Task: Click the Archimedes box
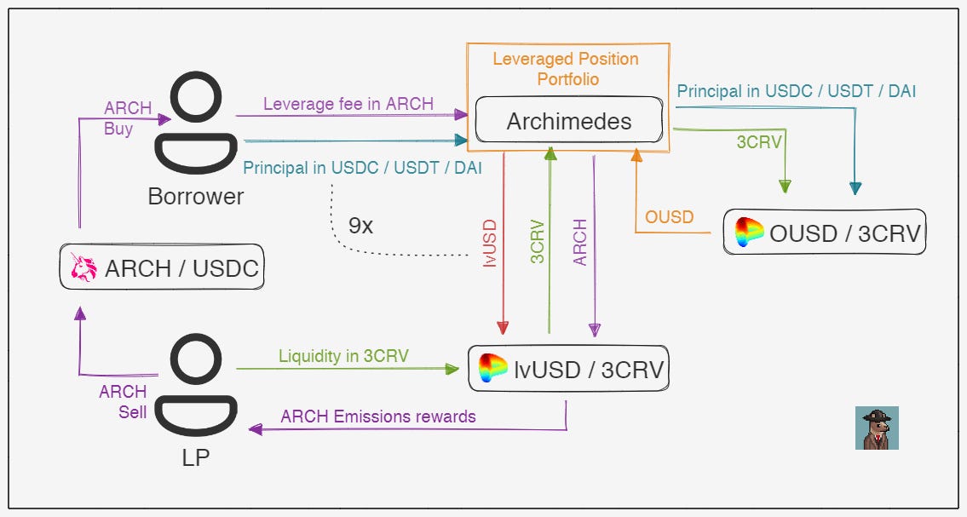tap(568, 121)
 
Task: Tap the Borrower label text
tap(195, 197)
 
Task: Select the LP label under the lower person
tap(195, 457)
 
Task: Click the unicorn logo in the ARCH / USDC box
tap(83, 269)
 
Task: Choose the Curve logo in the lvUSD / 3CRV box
tap(493, 369)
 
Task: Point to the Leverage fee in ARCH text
tap(348, 104)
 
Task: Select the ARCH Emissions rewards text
tap(377, 416)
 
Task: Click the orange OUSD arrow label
tap(669, 217)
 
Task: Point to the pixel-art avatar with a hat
tap(877, 428)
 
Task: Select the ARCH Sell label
tap(123, 402)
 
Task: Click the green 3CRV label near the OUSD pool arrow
tap(758, 142)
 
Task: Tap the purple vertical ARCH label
tap(580, 243)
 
